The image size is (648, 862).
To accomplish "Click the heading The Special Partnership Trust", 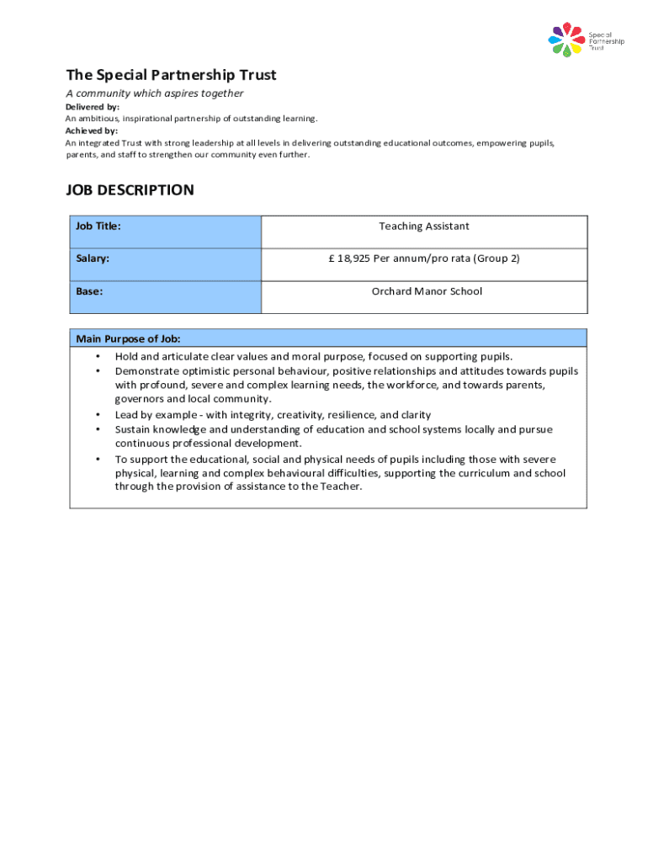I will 171,75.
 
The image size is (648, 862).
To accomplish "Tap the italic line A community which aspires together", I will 155,93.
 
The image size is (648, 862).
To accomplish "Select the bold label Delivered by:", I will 93,107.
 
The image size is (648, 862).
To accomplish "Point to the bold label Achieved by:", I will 92,130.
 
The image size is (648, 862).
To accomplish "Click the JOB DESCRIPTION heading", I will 130,190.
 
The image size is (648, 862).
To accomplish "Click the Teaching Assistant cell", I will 424,226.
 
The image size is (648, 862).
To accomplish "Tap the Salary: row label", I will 93,258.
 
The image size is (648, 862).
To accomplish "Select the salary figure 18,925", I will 354,258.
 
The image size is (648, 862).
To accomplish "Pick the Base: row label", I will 89,291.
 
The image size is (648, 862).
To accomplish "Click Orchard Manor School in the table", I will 428,291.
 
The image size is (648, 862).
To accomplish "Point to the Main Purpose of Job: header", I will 128,338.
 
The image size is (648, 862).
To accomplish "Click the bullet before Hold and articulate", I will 98,357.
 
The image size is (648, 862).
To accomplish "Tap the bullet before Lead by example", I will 98,415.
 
